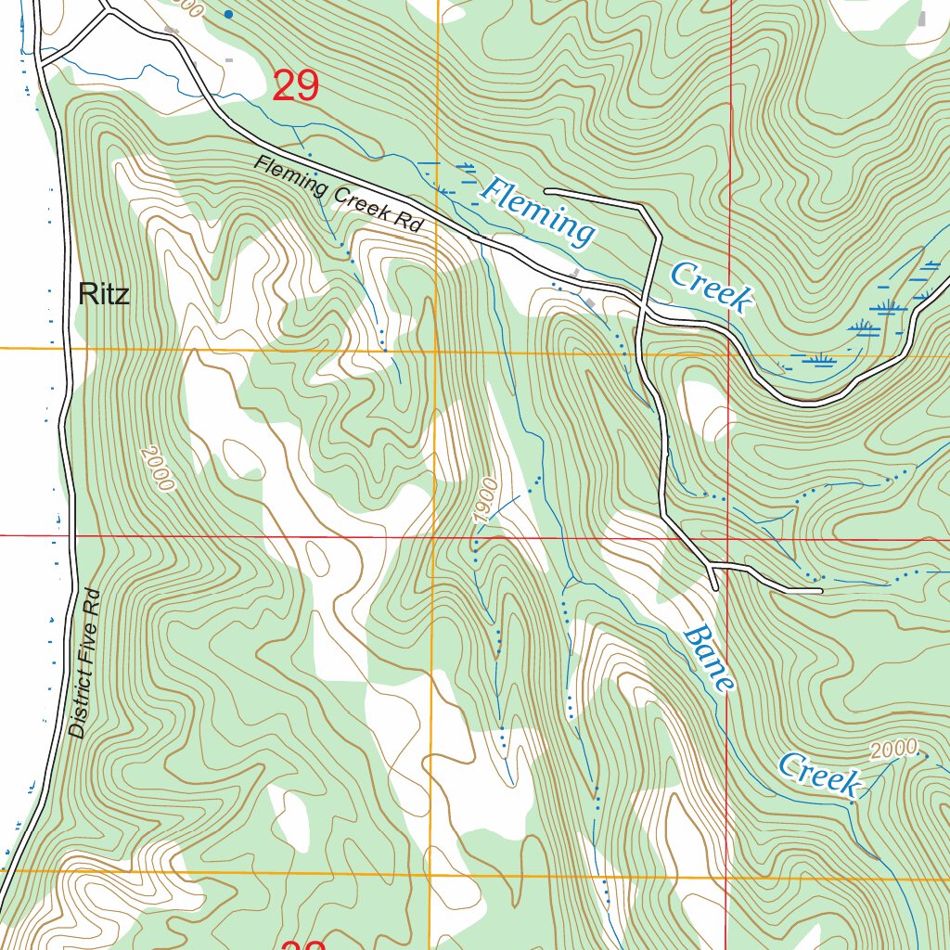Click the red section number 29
[x=296, y=86]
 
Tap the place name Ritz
[x=104, y=294]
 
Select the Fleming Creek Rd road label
[x=339, y=194]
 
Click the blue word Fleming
[x=538, y=212]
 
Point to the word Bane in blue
[x=710, y=659]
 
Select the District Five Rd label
[x=88, y=663]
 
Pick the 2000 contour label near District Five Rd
[x=158, y=469]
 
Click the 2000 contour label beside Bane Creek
[x=894, y=749]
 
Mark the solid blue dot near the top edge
[x=228, y=14]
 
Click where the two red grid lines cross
[x=726, y=538]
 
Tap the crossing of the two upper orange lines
[x=435, y=351]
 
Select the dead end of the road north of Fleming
[x=547, y=191]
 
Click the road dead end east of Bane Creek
[x=820, y=590]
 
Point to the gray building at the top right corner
[x=921, y=18]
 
